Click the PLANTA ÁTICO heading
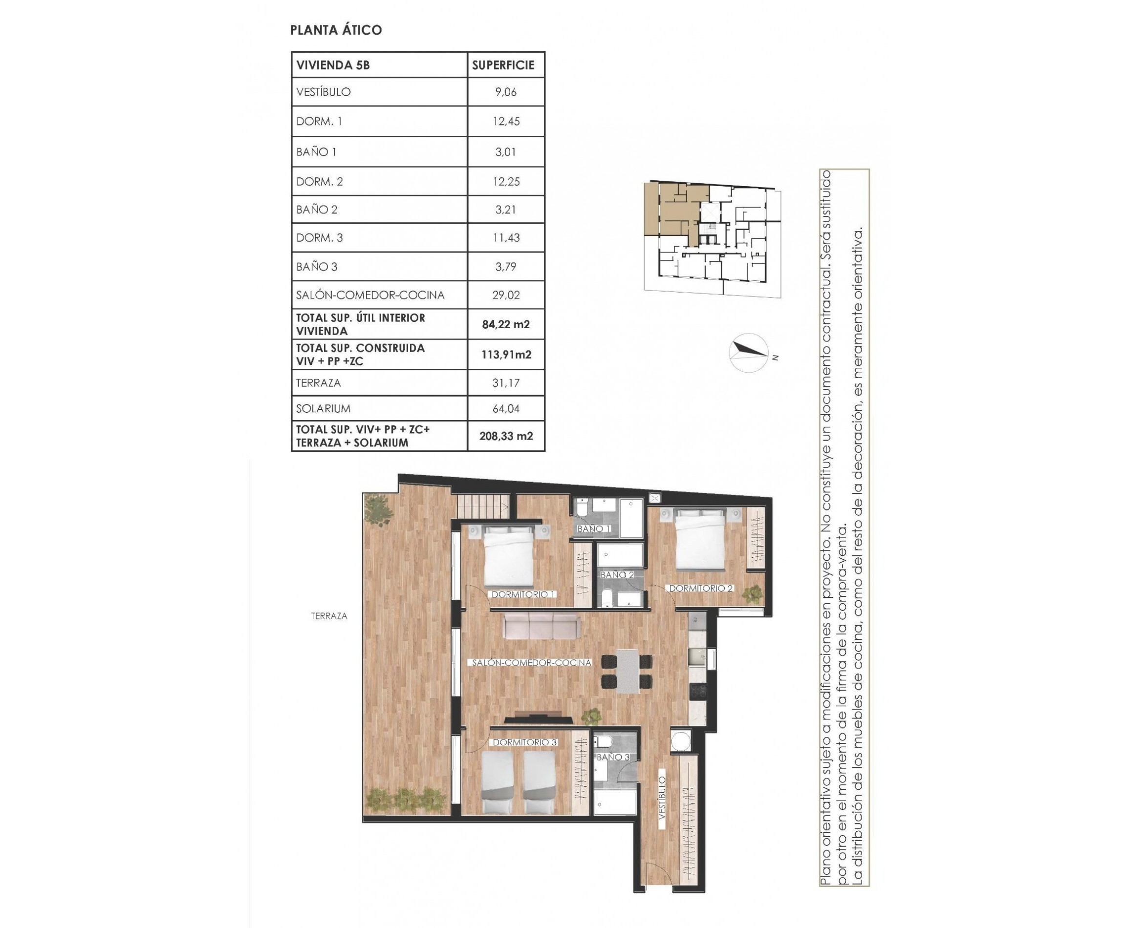336,30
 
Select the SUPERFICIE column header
503,65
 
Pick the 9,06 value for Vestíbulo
505,92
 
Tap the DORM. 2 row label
319,182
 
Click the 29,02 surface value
505,295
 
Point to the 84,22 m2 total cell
505,324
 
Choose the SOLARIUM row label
323,408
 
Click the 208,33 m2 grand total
506,436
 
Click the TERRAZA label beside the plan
329,616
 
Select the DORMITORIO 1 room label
523,594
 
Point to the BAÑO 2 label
617,575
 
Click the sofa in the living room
541,626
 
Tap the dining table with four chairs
627,671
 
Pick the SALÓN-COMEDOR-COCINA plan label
531,662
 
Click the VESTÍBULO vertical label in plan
662,798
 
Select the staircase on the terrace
482,505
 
